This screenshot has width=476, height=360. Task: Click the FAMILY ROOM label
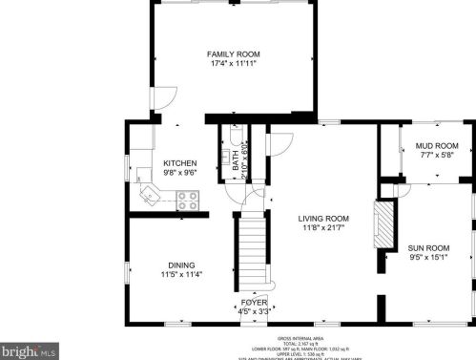pyautogui.click(x=235, y=53)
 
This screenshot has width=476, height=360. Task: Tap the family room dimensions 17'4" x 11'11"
pyautogui.click(x=235, y=64)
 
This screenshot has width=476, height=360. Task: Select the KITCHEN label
pyautogui.click(x=179, y=162)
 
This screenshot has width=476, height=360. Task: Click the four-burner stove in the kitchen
pyautogui.click(x=189, y=201)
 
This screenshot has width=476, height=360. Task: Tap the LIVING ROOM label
pyautogui.click(x=323, y=218)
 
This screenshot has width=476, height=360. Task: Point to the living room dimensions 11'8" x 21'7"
pyautogui.click(x=323, y=228)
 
